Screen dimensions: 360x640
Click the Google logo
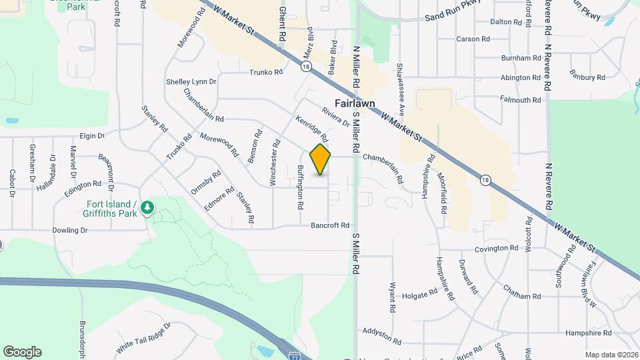[22, 352]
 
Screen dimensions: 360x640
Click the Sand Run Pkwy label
[453, 14]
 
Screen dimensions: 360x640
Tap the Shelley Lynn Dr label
[191, 82]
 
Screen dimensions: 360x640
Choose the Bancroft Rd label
[330, 225]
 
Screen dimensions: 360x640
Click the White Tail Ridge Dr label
[143, 339]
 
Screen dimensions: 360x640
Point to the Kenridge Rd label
[312, 129]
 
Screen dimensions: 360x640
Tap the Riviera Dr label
[335, 117]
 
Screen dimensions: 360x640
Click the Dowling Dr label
[70, 230]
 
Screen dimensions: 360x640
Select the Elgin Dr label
[93, 135]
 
